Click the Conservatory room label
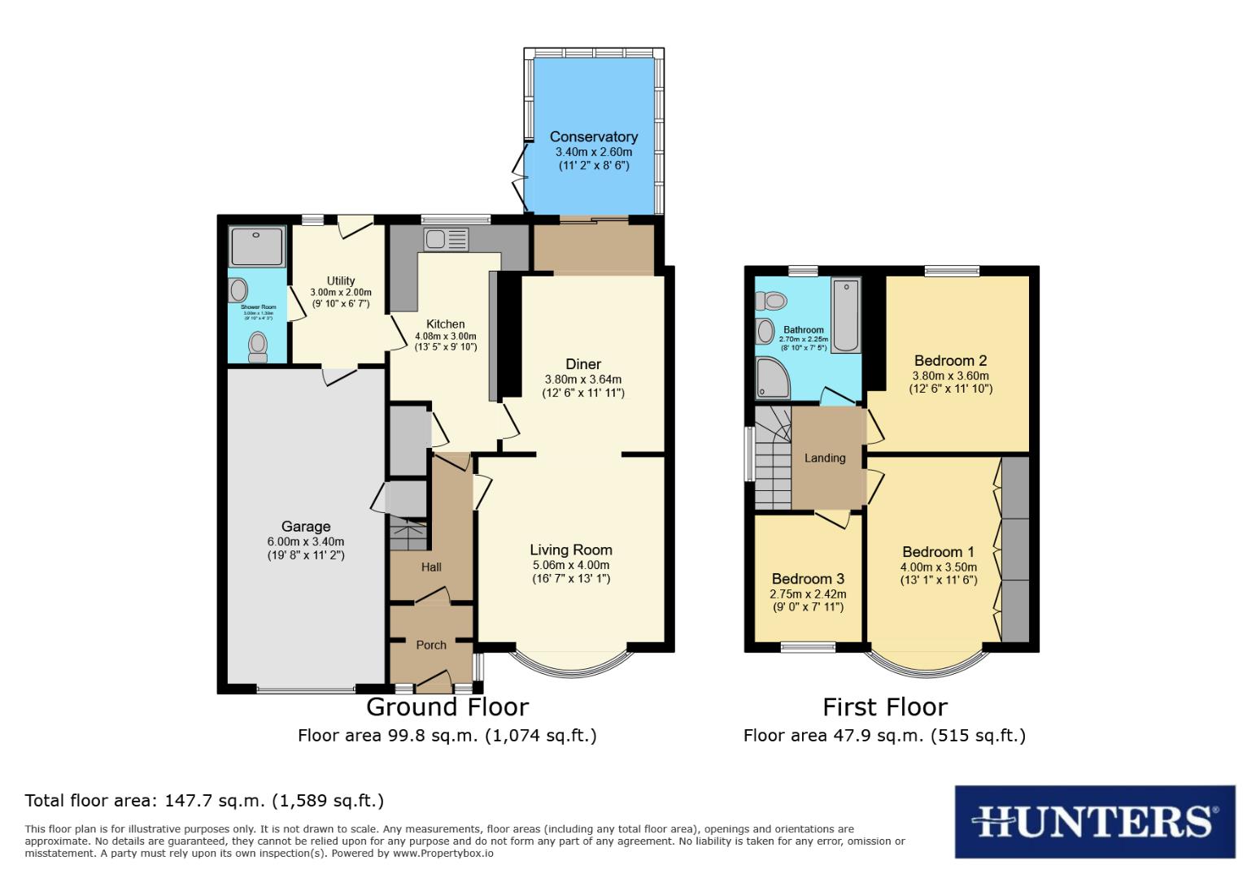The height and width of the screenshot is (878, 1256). pos(593,137)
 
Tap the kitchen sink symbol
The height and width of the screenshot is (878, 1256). pos(446,239)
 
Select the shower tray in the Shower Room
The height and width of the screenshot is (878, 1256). pos(257,246)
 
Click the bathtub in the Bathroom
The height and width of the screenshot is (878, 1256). pos(846,315)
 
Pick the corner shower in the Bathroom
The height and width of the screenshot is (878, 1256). pos(772,379)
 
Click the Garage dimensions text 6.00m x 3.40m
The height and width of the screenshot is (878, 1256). pos(305,541)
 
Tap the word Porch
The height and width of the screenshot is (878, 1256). pos(431,645)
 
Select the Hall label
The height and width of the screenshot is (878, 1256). pos(431,567)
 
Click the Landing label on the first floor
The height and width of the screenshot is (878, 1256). pos(825,458)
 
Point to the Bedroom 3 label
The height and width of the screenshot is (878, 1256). pos(808,579)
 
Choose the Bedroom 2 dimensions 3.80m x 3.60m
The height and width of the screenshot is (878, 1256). pos(950,376)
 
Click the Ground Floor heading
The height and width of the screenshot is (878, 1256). pos(447,706)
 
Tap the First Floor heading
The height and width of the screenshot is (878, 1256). pos(885,706)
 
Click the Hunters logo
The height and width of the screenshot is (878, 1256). pos(1094,821)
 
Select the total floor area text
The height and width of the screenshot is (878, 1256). pos(204,800)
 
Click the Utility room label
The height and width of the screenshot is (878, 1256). pos(341,280)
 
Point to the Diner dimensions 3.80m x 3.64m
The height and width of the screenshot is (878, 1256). pos(583,379)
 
